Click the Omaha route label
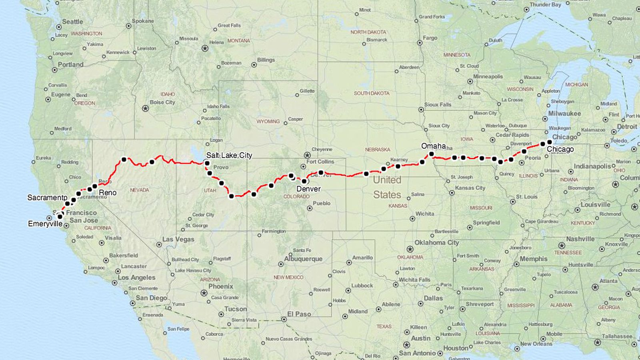tap(433, 146)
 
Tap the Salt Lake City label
tap(229, 155)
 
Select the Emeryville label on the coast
tap(45, 224)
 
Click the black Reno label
tap(108, 192)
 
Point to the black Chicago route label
tap(560, 149)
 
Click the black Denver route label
tap(308, 189)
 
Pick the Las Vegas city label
tap(178, 239)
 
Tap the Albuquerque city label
tap(303, 259)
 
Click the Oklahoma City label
tap(436, 242)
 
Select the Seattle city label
tap(72, 22)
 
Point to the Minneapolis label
tap(488, 76)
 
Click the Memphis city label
tap(533, 259)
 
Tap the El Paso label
tap(299, 314)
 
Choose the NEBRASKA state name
tap(377, 149)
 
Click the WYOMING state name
tap(268, 121)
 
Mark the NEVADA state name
tap(139, 190)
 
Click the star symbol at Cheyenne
tap(307, 155)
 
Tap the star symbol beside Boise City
tap(145, 108)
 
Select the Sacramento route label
tap(47, 198)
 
